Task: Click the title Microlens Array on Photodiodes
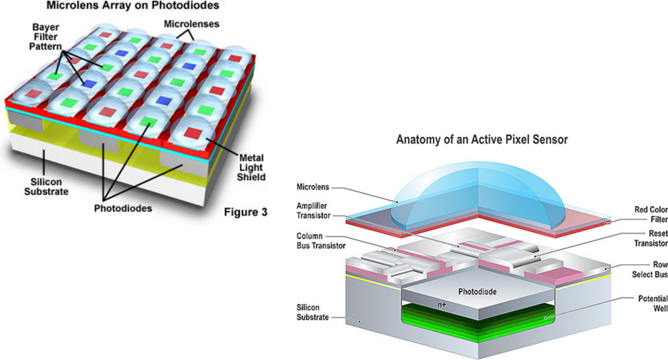tap(132, 5)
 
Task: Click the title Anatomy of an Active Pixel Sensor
tap(482, 140)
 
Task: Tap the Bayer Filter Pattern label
tap(45, 37)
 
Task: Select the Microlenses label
tap(191, 24)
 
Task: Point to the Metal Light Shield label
tap(251, 168)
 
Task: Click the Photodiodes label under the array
tap(123, 208)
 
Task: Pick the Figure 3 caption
tap(246, 212)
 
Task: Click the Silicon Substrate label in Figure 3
tap(46, 187)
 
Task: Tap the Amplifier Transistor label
tap(313, 211)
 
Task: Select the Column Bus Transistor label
tap(321, 241)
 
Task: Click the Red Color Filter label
tap(651, 215)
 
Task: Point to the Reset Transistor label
tap(651, 239)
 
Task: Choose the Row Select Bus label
tap(650, 269)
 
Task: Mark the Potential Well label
tap(652, 303)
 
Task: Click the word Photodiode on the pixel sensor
tap(477, 292)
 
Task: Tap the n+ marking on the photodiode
tap(442, 305)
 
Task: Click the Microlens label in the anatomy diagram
tap(312, 187)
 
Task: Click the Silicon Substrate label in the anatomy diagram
tap(312, 312)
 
